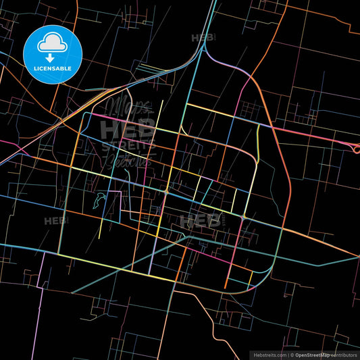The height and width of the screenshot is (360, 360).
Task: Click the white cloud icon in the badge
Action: (53, 43)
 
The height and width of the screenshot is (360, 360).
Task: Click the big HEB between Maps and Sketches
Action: (126, 129)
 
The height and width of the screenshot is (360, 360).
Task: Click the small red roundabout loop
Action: (356, 149)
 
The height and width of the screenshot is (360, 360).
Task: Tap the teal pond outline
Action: (101, 201)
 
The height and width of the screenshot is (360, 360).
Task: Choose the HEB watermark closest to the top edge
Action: (203, 38)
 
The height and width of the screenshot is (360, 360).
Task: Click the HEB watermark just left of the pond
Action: (54, 221)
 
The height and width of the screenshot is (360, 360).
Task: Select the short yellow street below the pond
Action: (100, 230)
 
